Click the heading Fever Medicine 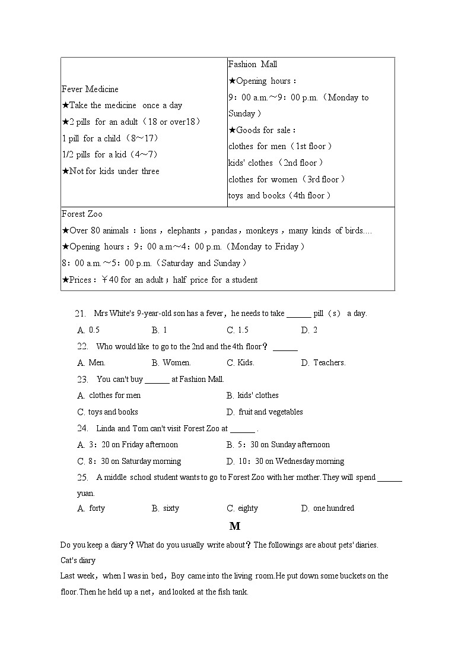click(90, 89)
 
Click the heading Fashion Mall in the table click(253, 64)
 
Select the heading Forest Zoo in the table click(82, 214)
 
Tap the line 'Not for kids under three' click(110, 171)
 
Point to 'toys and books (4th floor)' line click(279, 195)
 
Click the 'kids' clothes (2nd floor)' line click(276, 163)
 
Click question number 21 click(81, 314)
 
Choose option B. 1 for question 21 click(160, 330)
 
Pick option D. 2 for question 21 click(309, 330)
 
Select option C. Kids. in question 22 click(240, 363)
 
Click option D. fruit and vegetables click(265, 412)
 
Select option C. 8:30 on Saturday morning click(129, 461)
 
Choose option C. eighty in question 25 click(243, 508)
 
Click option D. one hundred click(327, 508)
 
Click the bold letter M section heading click(235, 526)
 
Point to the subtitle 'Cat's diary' click(78, 560)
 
